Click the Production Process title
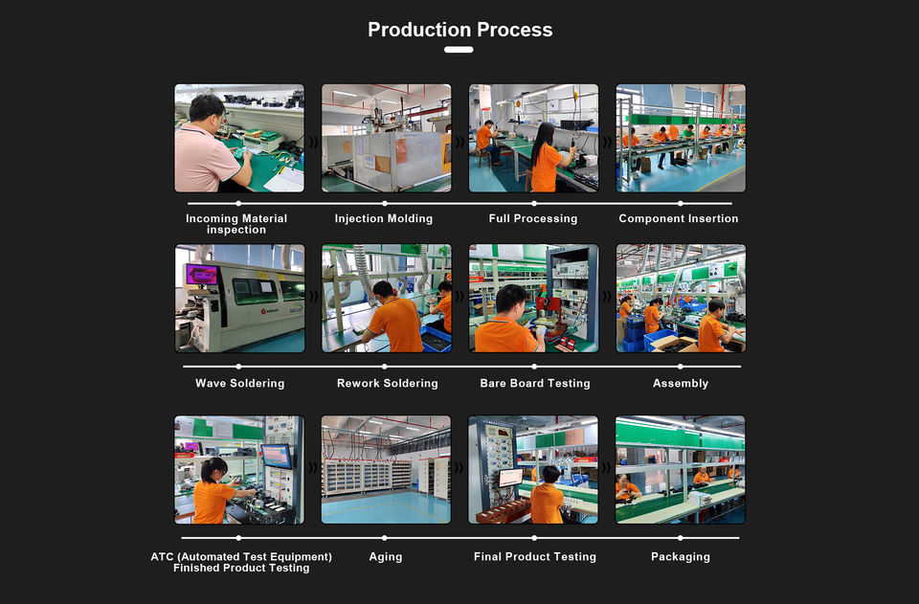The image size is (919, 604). tap(459, 30)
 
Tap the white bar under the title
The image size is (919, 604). tap(459, 50)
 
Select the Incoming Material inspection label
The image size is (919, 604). tap(236, 224)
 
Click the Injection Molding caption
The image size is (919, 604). tap(384, 219)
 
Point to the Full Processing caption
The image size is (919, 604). tap(533, 219)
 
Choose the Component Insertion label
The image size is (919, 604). tap(679, 219)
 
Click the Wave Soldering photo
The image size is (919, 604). tap(239, 298)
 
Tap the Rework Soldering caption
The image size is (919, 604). tap(387, 384)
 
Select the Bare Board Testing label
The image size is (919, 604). tap(535, 384)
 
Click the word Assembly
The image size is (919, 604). tap(681, 384)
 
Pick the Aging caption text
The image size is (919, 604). tap(386, 557)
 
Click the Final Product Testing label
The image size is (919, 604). tap(535, 557)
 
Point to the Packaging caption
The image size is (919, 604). tap(681, 557)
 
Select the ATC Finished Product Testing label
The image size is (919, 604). tap(241, 562)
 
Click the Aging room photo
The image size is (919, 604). tap(386, 469)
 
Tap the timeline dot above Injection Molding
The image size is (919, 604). tap(385, 203)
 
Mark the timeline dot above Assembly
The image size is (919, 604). tap(681, 366)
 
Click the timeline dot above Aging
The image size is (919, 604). tap(385, 538)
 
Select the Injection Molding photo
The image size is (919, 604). tap(386, 138)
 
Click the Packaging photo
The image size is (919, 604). tap(681, 469)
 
